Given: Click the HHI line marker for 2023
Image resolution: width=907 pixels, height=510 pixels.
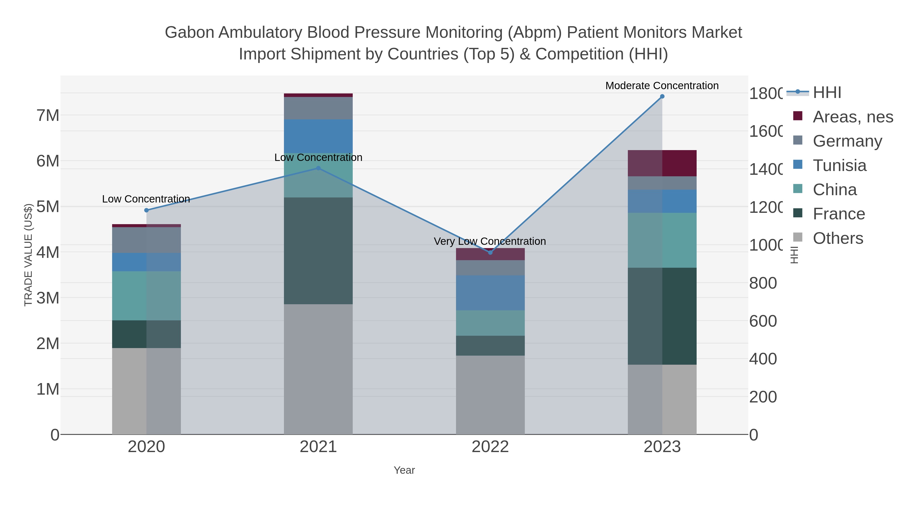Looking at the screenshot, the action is [662, 96].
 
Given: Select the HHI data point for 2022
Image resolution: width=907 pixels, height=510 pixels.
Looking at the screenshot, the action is [490, 252].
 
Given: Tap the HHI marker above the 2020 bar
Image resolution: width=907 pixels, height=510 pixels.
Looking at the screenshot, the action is [146, 210].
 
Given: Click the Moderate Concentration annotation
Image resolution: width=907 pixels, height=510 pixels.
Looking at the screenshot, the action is [662, 86].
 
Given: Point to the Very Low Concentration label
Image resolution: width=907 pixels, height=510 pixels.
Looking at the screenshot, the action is [490, 242].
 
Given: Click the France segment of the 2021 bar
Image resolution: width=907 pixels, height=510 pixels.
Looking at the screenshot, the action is [318, 251].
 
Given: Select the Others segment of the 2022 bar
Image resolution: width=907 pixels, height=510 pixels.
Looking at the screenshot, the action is [490, 395].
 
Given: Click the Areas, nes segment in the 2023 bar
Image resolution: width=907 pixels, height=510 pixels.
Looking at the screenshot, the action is [662, 163].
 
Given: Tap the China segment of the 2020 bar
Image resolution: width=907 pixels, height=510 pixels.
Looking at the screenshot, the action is [146, 296].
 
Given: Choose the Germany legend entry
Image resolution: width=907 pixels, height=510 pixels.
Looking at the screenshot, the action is [847, 141].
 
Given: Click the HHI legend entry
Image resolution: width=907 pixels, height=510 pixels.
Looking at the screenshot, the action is [827, 93].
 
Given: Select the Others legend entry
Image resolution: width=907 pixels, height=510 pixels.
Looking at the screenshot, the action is [838, 238].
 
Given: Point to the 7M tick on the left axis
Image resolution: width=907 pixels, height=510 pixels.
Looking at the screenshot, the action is [48, 115].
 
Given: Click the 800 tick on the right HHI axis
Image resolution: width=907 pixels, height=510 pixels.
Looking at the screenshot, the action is [763, 283].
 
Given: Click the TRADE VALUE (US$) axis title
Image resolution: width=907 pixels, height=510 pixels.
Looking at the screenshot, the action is [28, 255].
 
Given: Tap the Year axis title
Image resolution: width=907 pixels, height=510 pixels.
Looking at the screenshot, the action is [404, 470].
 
